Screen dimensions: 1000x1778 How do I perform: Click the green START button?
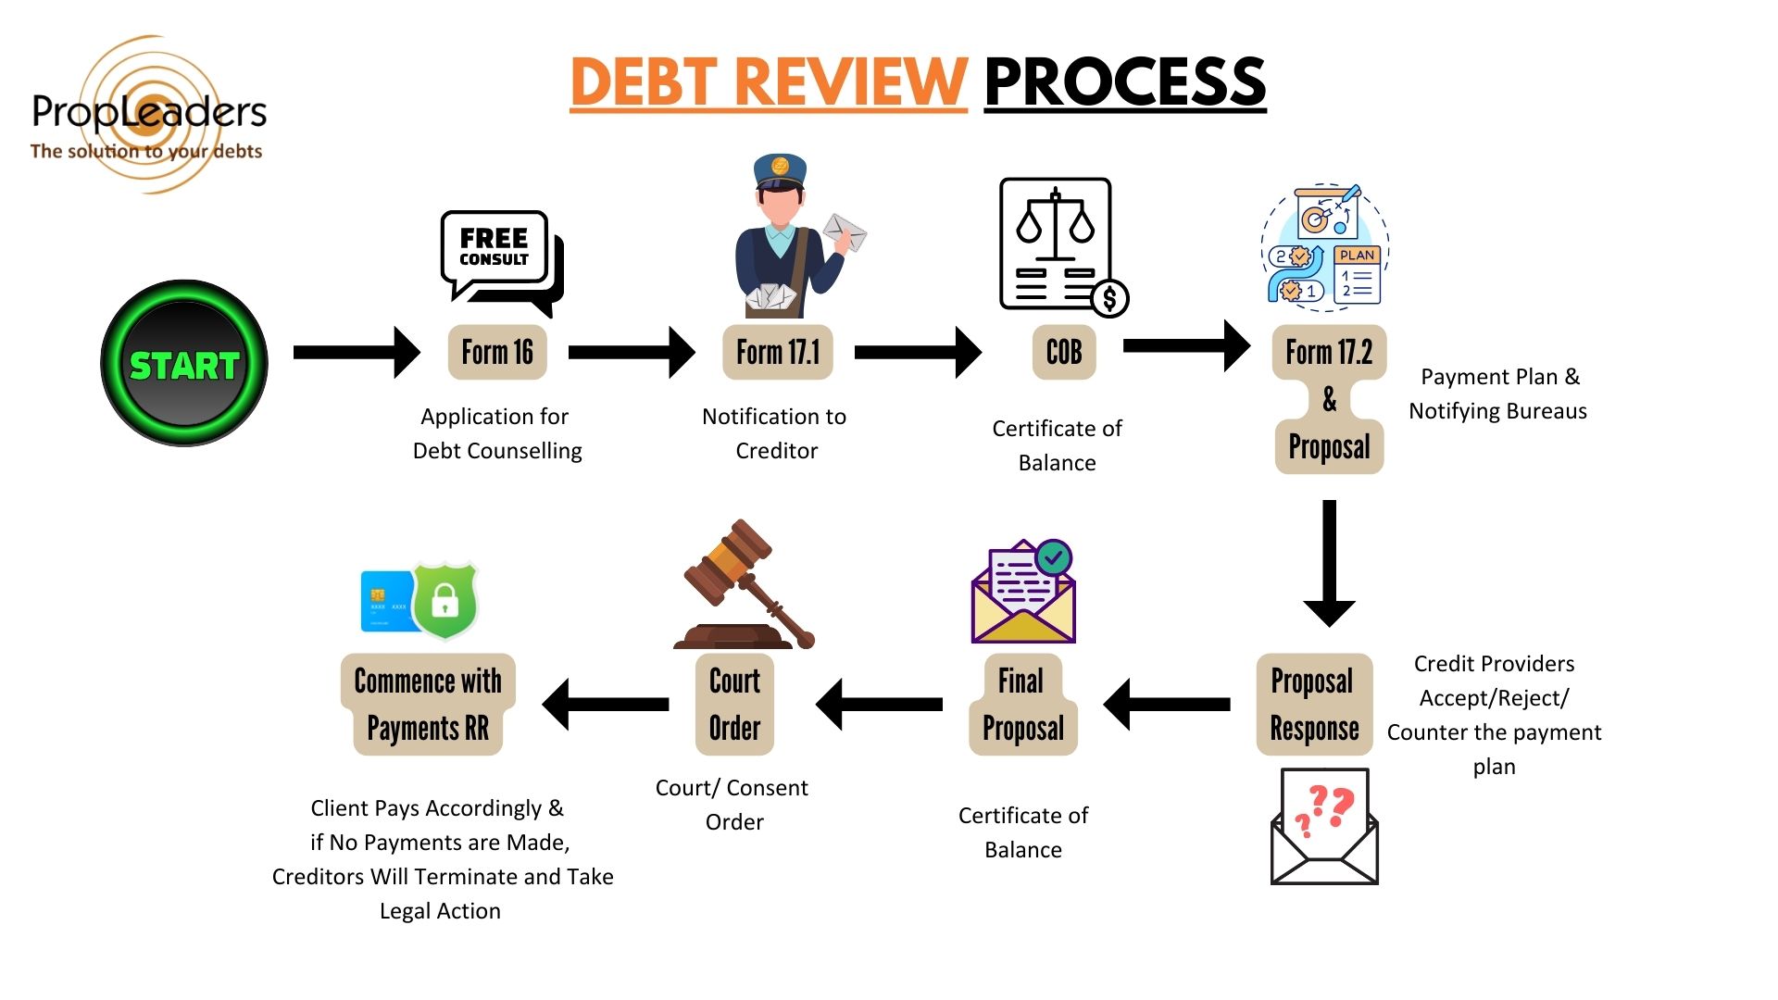184,364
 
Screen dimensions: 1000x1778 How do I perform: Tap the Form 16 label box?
497,352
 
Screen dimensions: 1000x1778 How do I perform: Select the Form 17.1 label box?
778,352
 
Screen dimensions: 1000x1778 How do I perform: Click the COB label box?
1064,352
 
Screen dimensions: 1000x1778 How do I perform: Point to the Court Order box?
734,705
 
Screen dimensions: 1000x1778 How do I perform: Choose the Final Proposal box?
1022,705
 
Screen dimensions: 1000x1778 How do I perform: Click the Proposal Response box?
1314,705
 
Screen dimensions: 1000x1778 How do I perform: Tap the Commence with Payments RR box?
428,705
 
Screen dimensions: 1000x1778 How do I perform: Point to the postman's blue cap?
780,170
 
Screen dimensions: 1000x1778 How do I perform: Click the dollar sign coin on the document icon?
1108,298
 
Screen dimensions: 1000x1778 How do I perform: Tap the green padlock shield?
445,599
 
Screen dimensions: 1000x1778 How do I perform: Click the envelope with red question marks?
1324,827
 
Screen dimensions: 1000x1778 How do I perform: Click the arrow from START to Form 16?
357,352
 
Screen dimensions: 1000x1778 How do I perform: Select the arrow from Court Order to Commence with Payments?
606,705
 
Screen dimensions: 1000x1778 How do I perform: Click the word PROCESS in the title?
1124,81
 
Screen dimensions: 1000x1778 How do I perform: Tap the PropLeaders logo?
148,116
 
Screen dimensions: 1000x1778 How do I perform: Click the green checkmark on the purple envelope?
1053,557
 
